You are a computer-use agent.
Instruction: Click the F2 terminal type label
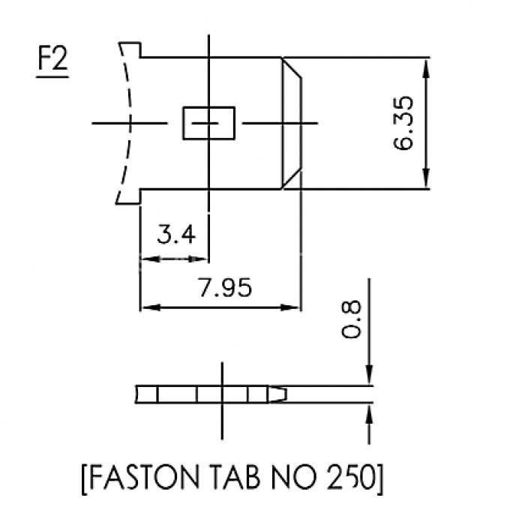pyautogui.click(x=52, y=58)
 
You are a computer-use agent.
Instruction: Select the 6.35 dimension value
pyautogui.click(x=403, y=123)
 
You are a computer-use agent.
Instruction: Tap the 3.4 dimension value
pyautogui.click(x=176, y=234)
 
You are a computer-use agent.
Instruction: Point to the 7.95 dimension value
pyautogui.click(x=225, y=287)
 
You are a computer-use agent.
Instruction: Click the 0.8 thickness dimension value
pyautogui.click(x=351, y=319)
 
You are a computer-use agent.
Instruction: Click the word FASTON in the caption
pyautogui.click(x=144, y=477)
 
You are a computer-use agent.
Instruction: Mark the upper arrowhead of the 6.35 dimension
pyautogui.click(x=426, y=68)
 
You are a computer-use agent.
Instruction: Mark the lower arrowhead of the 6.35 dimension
pyautogui.click(x=426, y=178)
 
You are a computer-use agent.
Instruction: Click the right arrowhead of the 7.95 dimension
pyautogui.click(x=290, y=307)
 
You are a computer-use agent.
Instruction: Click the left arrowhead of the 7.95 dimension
pyautogui.click(x=151, y=307)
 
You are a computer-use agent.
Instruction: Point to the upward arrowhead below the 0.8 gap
pyautogui.click(x=369, y=414)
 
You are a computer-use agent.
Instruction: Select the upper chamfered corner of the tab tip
pyautogui.click(x=291, y=68)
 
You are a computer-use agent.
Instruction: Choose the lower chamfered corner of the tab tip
pyautogui.click(x=291, y=180)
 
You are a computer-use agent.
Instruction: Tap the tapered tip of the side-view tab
pyautogui.click(x=277, y=394)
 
